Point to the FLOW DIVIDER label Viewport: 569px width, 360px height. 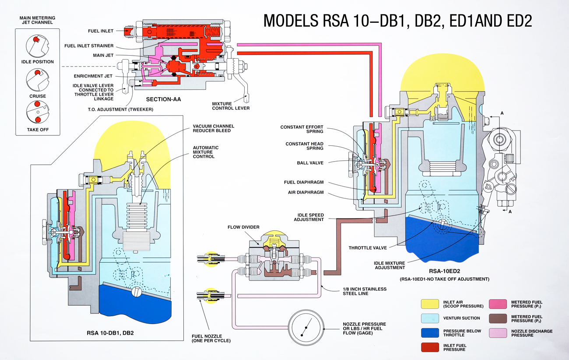pos(243,227)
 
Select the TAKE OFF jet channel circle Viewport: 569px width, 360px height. pos(37,113)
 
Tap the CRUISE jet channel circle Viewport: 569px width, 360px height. pos(37,79)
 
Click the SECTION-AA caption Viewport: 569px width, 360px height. pos(164,99)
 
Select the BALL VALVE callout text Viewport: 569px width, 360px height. pos(310,163)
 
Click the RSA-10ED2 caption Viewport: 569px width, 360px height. pos(444,272)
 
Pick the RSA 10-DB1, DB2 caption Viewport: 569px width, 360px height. pos(110,333)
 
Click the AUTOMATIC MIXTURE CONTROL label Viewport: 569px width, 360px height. pos(206,152)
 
